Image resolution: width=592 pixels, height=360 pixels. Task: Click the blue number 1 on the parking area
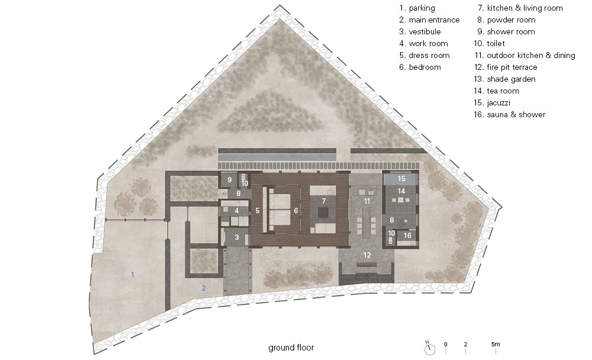pyautogui.click(x=133, y=275)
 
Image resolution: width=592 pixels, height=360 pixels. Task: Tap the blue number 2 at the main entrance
pyautogui.click(x=204, y=288)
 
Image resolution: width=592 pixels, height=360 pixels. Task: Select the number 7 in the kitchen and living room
pyautogui.click(x=324, y=201)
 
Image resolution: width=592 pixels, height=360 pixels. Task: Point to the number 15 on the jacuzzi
pyautogui.click(x=401, y=179)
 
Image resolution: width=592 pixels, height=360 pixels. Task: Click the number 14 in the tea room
pyautogui.click(x=401, y=191)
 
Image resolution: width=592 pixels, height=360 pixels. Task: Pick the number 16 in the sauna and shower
pyautogui.click(x=407, y=235)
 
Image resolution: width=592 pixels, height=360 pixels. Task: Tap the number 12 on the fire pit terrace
pyautogui.click(x=367, y=255)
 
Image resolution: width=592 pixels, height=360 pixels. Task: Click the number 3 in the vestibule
pyautogui.click(x=237, y=237)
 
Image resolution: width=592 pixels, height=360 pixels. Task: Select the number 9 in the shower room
pyautogui.click(x=229, y=180)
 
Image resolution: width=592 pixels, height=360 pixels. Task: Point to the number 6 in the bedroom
pyautogui.click(x=296, y=210)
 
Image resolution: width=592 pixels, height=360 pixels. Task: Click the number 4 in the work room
pyautogui.click(x=237, y=211)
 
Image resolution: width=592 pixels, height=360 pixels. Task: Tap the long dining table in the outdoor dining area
pyautogui.click(x=366, y=223)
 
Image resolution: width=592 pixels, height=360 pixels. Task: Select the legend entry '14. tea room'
pyautogui.click(x=496, y=91)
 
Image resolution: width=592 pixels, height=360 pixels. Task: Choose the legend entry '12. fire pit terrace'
pyautogui.click(x=506, y=67)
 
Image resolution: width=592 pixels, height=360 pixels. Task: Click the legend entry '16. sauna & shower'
pyautogui.click(x=510, y=114)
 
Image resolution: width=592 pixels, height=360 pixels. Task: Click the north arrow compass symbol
pyautogui.click(x=430, y=349)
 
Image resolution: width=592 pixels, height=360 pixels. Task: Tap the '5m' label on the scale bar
pyautogui.click(x=496, y=344)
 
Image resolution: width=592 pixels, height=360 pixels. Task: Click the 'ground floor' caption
pyautogui.click(x=291, y=348)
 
